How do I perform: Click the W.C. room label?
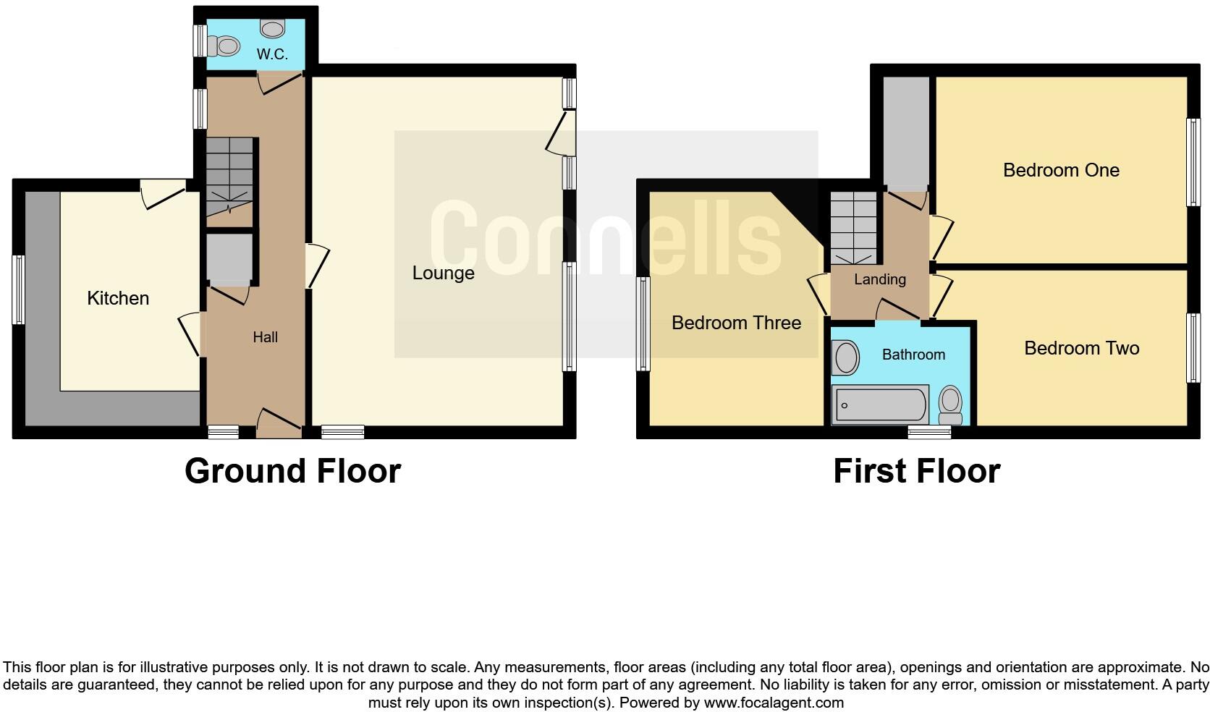coord(272,54)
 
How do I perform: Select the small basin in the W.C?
coord(273,29)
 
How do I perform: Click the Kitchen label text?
coord(118,298)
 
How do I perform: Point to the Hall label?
coord(265,337)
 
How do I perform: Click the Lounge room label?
coord(443,273)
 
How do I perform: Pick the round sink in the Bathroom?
coord(845,358)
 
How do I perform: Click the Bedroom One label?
coord(1061,170)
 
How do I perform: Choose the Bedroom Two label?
coord(1081,348)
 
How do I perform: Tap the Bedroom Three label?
coord(736,323)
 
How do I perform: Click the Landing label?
coord(879,279)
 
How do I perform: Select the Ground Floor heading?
coord(292,471)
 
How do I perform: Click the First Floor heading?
coord(916,471)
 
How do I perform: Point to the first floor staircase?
coord(854,227)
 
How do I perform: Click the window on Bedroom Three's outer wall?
coord(643,324)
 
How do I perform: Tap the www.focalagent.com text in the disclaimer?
coord(774,702)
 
